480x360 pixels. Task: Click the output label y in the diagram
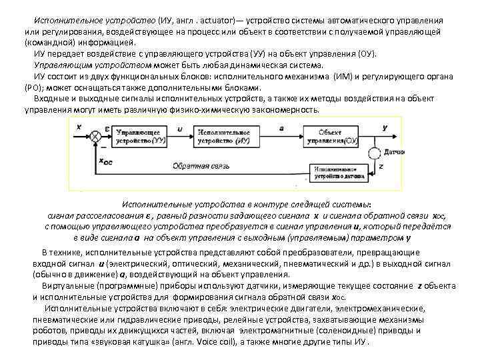385,126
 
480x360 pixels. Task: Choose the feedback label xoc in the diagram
106,161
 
